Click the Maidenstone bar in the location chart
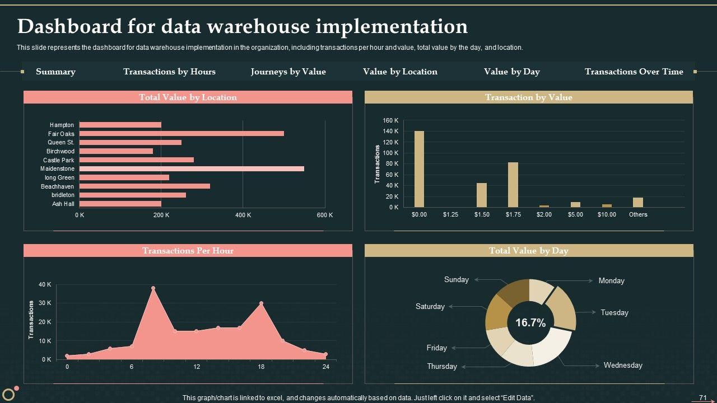[x=192, y=168]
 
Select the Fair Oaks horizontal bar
[x=181, y=134]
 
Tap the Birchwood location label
[x=60, y=151]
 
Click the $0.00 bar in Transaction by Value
[x=419, y=169]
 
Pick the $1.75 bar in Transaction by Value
[x=513, y=185]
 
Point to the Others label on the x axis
[x=638, y=214]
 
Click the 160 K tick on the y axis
[x=391, y=120]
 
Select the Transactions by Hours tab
[x=169, y=72]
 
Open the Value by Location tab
[x=400, y=72]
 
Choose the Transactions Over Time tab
[x=634, y=72]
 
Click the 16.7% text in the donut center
[x=530, y=323]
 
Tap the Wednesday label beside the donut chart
[x=623, y=365]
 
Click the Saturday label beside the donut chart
[x=430, y=307]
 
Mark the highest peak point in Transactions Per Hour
[x=153, y=288]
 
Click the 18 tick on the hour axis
[x=261, y=367]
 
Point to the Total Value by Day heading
[x=529, y=251]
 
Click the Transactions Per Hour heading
[x=188, y=251]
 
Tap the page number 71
[x=702, y=398]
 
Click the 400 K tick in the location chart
[x=243, y=215]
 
